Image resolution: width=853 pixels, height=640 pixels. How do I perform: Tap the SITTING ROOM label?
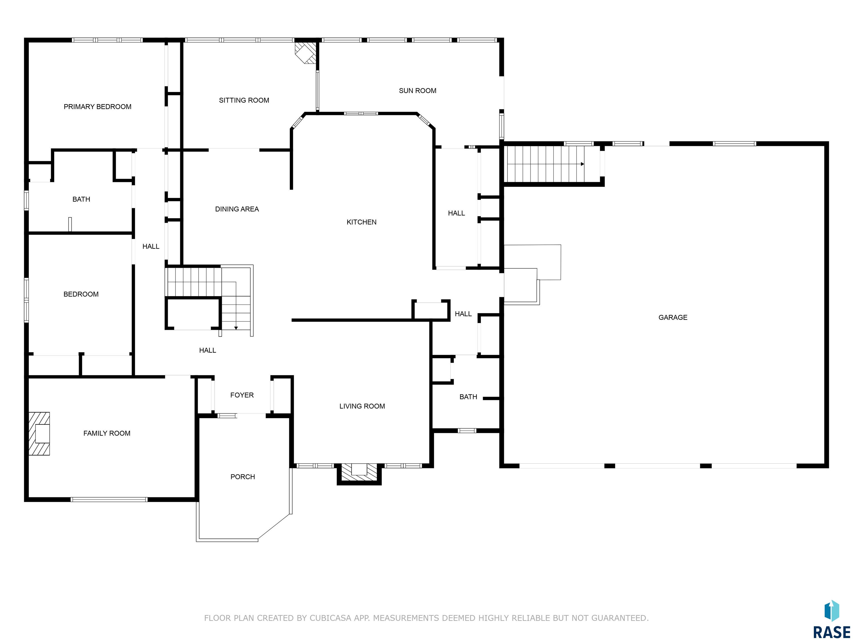[x=244, y=100]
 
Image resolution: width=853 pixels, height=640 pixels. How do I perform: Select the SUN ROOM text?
[x=418, y=91]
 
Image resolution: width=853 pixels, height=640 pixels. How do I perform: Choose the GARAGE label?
[x=673, y=317]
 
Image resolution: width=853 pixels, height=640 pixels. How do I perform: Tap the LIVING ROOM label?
[x=362, y=406]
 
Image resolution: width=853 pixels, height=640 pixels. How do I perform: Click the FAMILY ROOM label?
[x=107, y=433]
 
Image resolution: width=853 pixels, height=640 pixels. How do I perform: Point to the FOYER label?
[x=242, y=395]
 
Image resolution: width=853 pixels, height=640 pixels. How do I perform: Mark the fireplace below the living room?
[x=359, y=473]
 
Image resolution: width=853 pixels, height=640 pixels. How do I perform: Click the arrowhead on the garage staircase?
[x=582, y=164]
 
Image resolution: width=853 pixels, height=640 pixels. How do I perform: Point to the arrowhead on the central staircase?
[x=236, y=328]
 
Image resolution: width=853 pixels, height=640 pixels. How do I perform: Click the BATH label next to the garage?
[x=468, y=397]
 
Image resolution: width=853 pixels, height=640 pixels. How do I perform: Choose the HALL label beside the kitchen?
[x=456, y=213]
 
